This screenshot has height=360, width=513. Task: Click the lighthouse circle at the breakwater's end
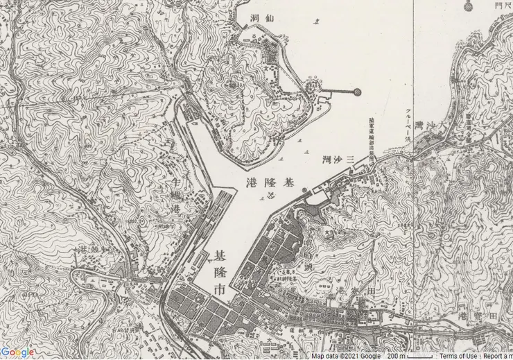click(x=357, y=91)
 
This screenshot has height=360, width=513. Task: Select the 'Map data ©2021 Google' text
click(x=345, y=356)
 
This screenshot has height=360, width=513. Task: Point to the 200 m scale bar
click(x=409, y=356)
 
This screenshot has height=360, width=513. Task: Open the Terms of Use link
click(x=458, y=356)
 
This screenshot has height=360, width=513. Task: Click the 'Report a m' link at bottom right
click(x=498, y=356)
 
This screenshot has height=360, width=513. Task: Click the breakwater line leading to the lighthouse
click(x=340, y=91)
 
